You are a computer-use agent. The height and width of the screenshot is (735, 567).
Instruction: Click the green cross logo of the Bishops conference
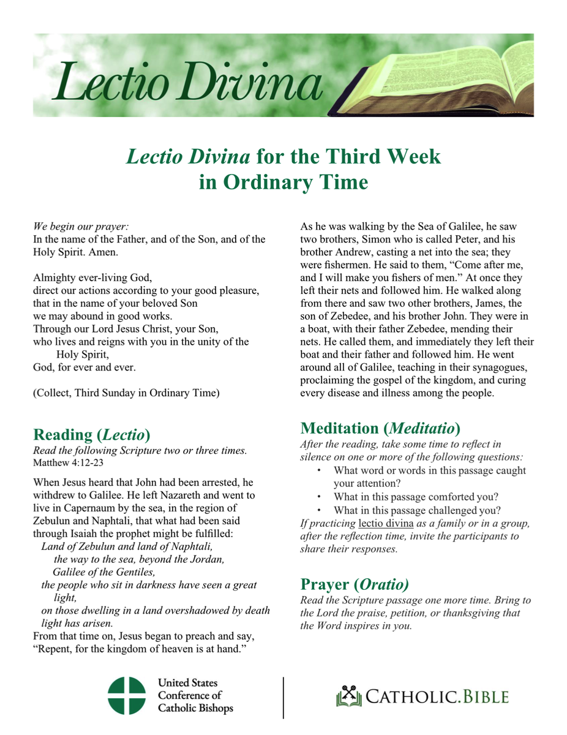pos(127,696)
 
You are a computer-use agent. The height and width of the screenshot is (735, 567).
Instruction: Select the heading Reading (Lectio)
pos(92,434)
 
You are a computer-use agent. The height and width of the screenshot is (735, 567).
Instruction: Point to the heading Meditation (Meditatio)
pos(380,428)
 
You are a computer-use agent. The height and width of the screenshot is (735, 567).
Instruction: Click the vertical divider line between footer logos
pos(283,697)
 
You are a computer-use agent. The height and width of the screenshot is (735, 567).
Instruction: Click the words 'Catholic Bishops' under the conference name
pos(195,709)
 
